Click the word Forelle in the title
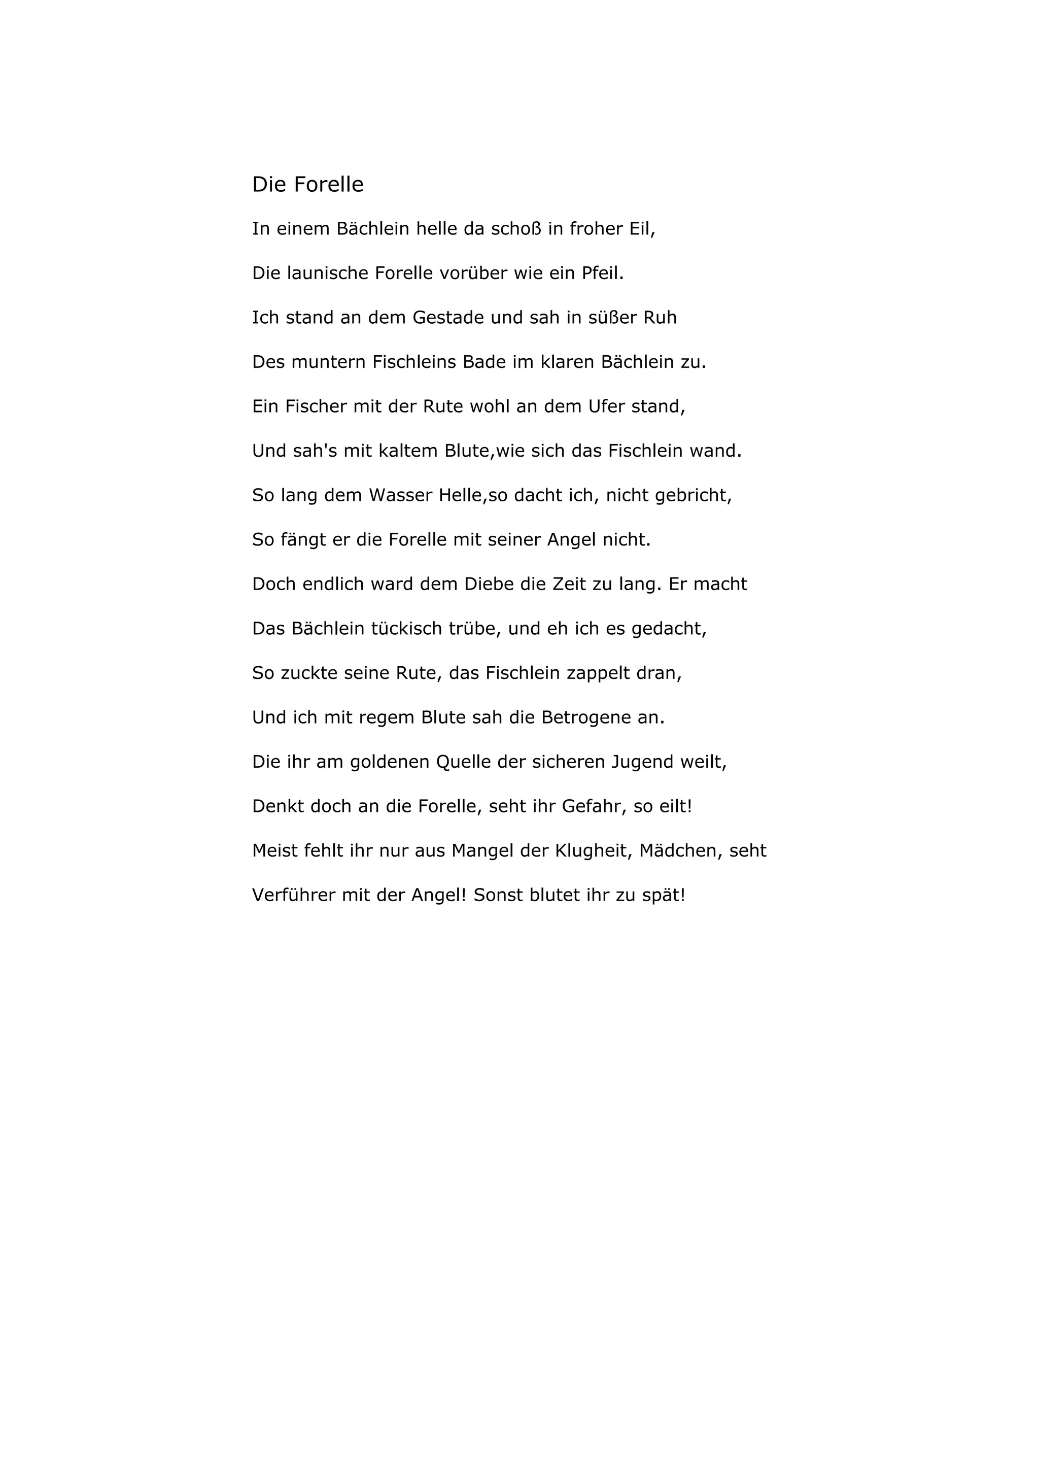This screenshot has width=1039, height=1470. (x=328, y=184)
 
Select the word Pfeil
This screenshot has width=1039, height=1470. (x=602, y=274)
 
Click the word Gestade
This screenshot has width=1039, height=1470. (x=452, y=318)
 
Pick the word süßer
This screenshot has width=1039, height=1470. (x=613, y=318)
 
